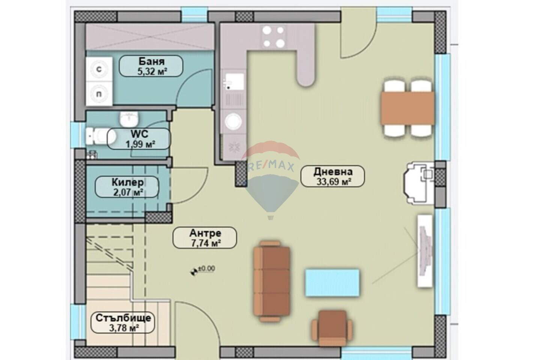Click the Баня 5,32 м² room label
coord(151,66)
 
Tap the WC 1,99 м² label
coord(139,139)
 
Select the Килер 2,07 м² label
coord(127,187)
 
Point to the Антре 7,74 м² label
coord(205,238)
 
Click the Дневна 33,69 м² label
coord(333,176)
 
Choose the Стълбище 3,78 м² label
coord(123,322)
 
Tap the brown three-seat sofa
coord(272,282)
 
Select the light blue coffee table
coord(332,283)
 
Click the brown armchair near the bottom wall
coord(332,328)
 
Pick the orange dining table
coord(408,108)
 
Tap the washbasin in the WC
coord(129,119)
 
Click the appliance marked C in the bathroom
coord(99,69)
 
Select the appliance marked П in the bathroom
coord(99,94)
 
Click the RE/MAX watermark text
coord(271,166)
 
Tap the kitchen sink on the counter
coord(234,81)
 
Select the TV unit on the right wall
coord(425,251)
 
